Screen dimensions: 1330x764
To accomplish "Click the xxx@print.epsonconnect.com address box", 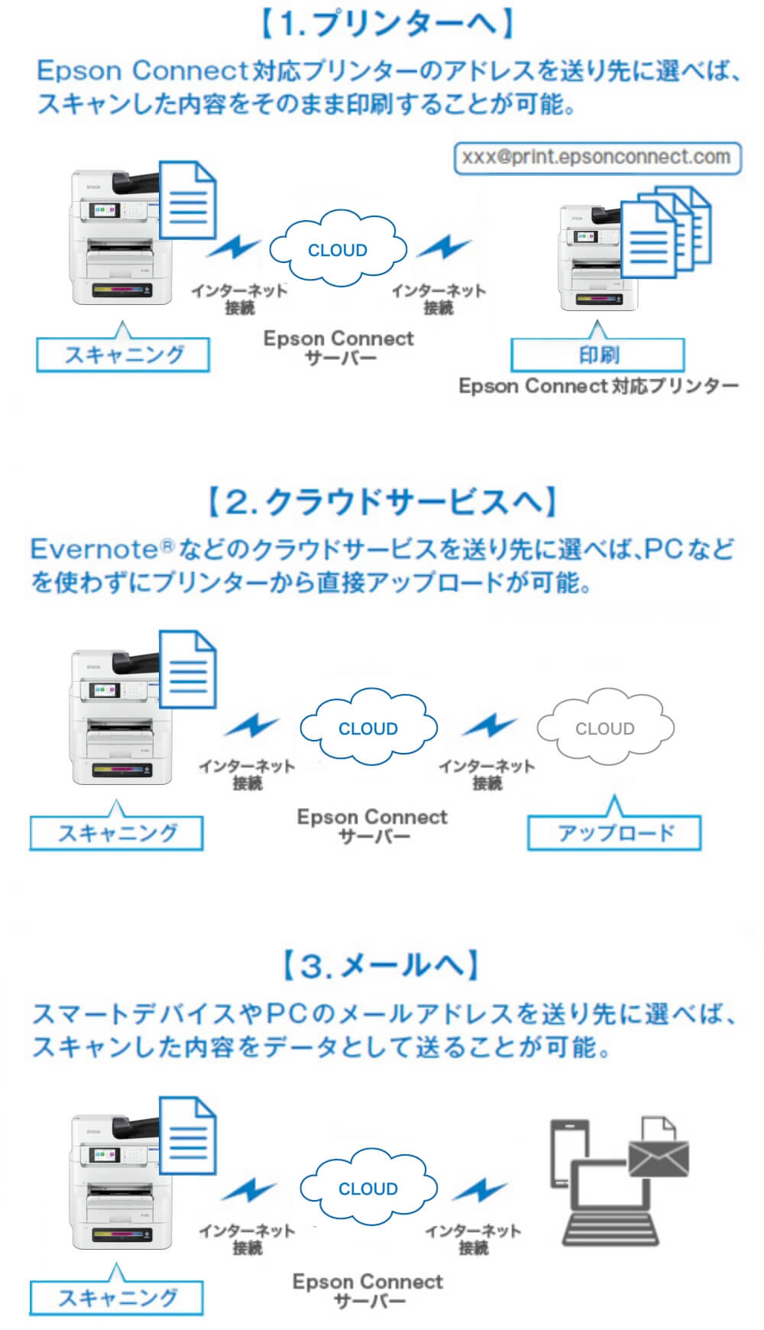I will point(597,158).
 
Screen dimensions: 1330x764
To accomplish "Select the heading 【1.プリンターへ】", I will point(385,24).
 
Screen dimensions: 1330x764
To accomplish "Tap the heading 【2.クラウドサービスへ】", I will point(382,502).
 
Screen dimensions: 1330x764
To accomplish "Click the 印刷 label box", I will point(597,355).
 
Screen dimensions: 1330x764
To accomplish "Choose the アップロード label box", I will point(614,833).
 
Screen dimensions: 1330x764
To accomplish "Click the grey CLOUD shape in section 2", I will point(605,728).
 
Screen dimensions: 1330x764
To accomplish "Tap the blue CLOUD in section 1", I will point(337,250).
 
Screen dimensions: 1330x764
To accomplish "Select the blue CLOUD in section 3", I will point(368,1189).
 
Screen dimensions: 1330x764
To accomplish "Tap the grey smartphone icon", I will point(569,1150).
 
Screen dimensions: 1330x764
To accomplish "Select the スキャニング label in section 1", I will point(123,355).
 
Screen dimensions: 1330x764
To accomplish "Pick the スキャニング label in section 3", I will point(117,1298).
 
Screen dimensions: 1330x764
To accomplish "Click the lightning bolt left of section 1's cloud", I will point(235,248).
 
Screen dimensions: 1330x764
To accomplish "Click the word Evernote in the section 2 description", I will point(93,549).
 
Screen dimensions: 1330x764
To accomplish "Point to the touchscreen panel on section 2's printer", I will point(105,690).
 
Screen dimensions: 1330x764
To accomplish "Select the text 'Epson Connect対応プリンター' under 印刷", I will point(598,386).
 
